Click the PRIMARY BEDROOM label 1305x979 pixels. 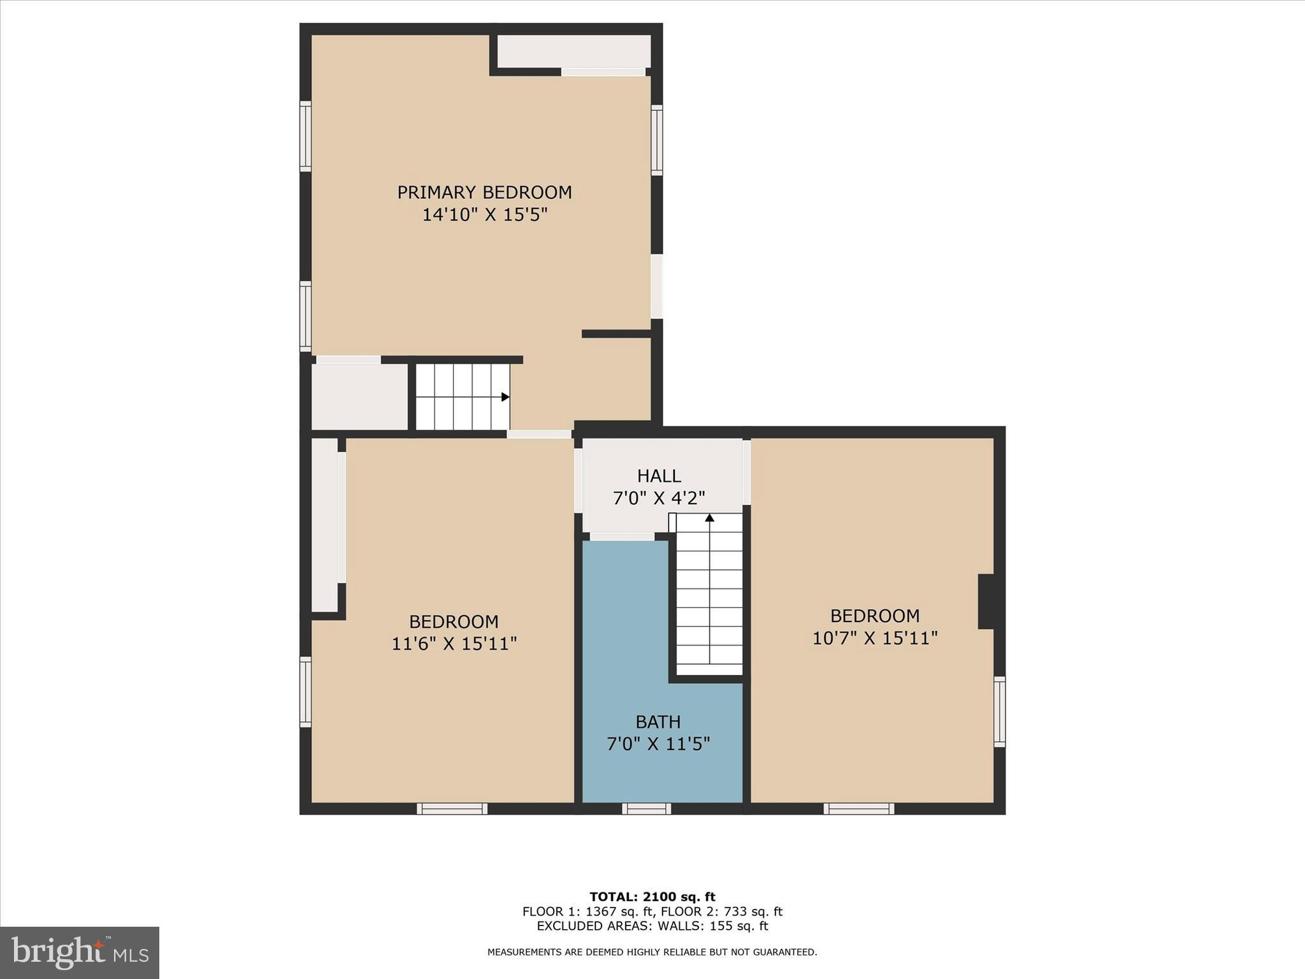click(484, 192)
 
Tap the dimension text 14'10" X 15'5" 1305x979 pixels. click(484, 215)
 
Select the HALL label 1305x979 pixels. click(659, 476)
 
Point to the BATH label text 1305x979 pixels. click(658, 722)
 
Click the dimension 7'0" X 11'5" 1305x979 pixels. click(658, 744)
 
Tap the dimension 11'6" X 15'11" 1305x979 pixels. click(454, 644)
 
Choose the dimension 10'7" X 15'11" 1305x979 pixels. click(874, 638)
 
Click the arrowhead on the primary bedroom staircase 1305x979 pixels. click(505, 397)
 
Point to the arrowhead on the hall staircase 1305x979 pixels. click(709, 518)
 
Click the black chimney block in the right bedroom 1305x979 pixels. click(986, 601)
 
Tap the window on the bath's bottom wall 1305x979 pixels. click(646, 809)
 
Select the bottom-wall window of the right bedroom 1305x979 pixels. click(858, 809)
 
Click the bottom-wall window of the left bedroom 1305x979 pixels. click(452, 809)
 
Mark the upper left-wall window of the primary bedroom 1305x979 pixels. click(306, 136)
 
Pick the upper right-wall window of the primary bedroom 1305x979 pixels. click(656, 140)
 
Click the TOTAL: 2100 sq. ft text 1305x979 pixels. click(652, 897)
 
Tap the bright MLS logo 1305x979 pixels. click(80, 952)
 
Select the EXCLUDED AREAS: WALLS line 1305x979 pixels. click(652, 926)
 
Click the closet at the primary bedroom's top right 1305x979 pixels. click(573, 51)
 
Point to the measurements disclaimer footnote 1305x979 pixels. click(652, 952)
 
